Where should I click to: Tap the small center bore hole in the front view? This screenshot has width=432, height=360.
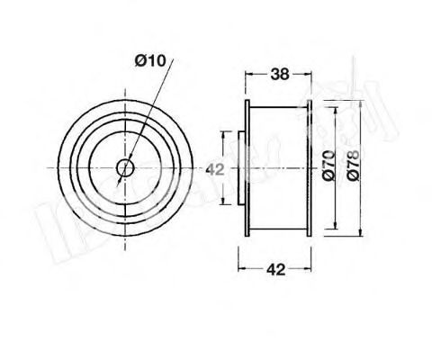click(125, 166)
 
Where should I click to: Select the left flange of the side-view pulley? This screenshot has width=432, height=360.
click(248, 167)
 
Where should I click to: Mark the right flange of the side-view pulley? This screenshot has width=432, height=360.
click(309, 167)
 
